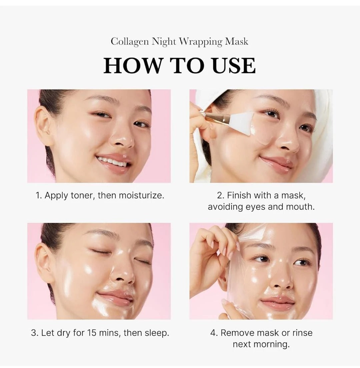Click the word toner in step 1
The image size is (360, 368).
[x=82, y=196]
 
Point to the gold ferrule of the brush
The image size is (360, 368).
[x=217, y=117]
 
